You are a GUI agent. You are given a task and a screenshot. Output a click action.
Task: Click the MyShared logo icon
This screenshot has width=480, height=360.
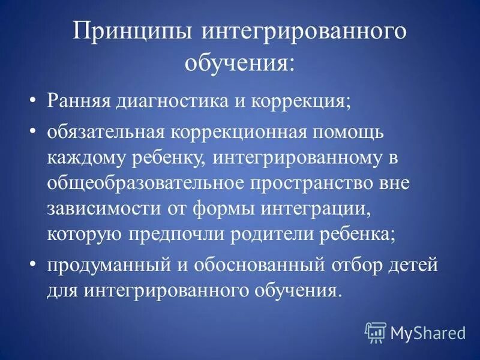pos(376,331)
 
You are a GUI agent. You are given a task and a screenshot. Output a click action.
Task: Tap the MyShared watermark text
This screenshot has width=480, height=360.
pos(428,332)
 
